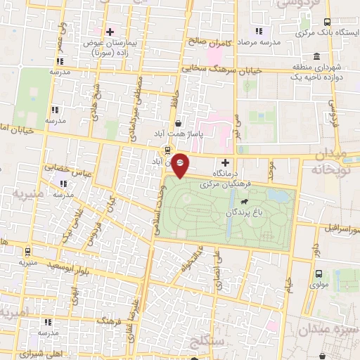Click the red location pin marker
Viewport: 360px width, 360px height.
(180, 165)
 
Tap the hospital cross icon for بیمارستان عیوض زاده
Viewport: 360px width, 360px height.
(109, 32)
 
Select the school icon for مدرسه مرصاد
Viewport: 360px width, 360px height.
(258, 30)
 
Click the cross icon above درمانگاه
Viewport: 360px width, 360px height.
(226, 162)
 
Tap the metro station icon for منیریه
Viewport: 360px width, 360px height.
(27, 252)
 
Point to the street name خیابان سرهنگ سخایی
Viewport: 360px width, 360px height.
(221, 70)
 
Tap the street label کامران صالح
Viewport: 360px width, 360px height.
(209, 41)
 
